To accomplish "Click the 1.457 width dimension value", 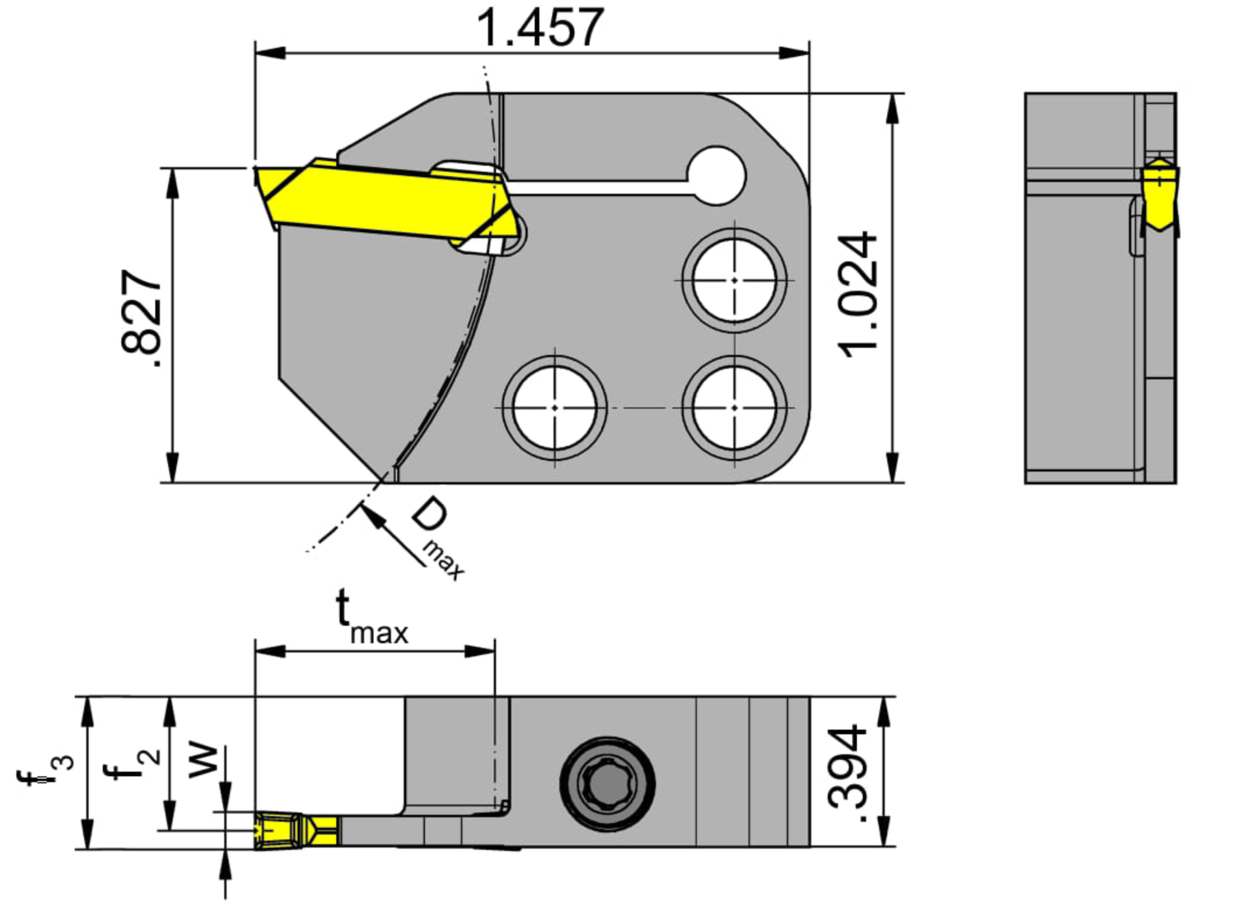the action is (x=540, y=27).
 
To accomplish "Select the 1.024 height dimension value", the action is (x=857, y=295).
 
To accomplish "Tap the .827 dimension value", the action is (x=141, y=318).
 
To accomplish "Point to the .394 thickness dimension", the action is (x=847, y=773).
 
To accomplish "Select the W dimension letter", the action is (x=203, y=761).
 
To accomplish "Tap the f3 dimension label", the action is (x=46, y=770).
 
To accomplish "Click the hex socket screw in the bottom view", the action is (x=607, y=783).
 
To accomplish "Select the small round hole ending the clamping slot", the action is (x=716, y=176).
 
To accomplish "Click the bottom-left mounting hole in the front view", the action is (x=555, y=407).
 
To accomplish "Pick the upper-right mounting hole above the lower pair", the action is (x=734, y=281).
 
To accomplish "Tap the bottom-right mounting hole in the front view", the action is (x=734, y=407).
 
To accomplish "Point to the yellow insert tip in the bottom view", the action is (x=296, y=831).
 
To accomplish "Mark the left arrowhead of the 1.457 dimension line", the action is (x=270, y=53).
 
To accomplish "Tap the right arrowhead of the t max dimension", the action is (x=480, y=651).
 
